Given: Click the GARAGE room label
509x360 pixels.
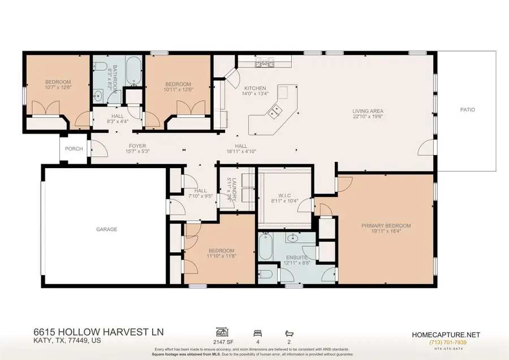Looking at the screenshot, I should coord(106,229).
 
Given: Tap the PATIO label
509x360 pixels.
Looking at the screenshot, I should coord(467,110).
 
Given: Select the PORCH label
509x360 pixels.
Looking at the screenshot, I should coord(74,149).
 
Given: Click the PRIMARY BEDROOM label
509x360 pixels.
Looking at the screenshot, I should coord(386,226).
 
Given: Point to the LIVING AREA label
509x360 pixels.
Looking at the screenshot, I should coord(368,111).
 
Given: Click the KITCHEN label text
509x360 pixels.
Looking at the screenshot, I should coord(255,88).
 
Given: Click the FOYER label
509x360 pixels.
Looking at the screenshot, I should coord(137,146).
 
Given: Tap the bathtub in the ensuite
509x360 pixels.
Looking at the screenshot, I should coord(265,248).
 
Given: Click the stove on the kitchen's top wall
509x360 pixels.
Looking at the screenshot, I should coord(264,62).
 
